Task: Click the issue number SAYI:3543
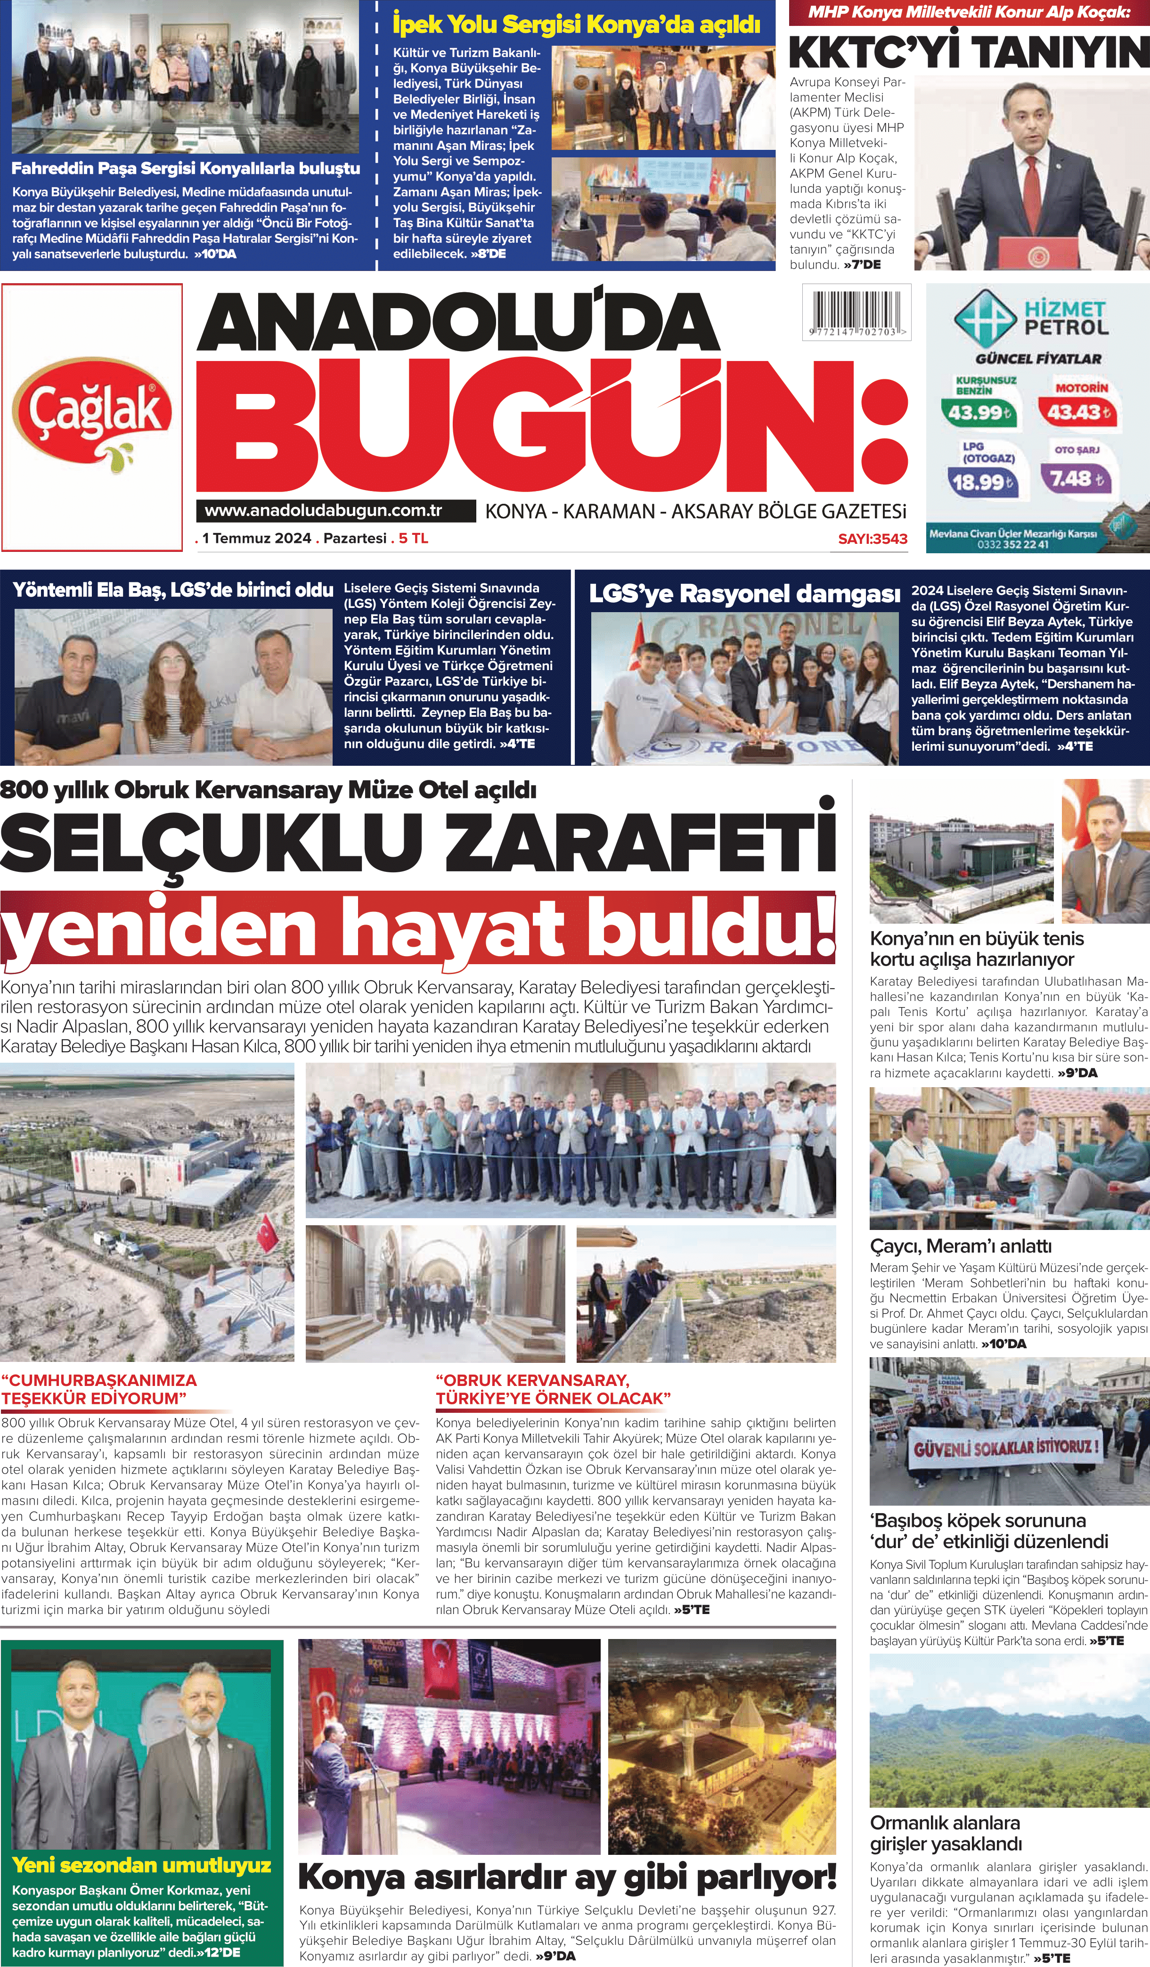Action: click(x=872, y=539)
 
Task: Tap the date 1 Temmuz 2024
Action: click(x=256, y=539)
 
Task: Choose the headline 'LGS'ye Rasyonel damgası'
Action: click(x=744, y=594)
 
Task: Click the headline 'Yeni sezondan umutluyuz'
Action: click(x=141, y=1866)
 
